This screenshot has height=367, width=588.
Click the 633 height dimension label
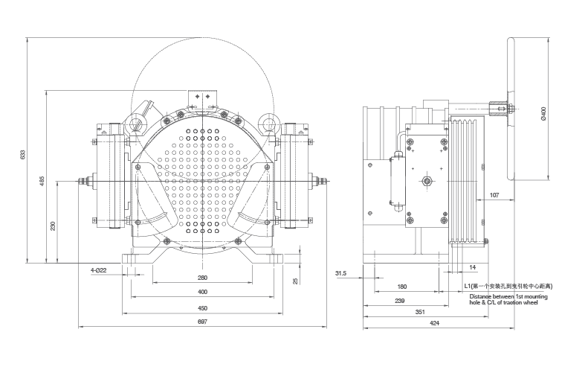[x=23, y=154]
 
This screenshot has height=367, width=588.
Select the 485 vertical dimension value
[x=42, y=181]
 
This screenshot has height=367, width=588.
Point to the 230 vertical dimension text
[x=52, y=226]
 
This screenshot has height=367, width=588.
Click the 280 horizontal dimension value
[x=202, y=278]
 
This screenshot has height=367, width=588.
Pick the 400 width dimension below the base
[x=202, y=292]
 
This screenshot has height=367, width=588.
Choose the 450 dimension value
[x=202, y=307]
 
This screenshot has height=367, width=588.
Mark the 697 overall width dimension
[x=202, y=321]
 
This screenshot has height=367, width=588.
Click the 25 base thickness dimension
[x=296, y=281]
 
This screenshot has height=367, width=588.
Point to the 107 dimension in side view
[x=494, y=196]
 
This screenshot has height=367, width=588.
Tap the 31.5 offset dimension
[x=342, y=272]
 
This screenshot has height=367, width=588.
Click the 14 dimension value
[x=473, y=266]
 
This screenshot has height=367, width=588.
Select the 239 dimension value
[x=399, y=300]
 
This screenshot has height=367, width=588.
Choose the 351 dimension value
[x=419, y=313]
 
